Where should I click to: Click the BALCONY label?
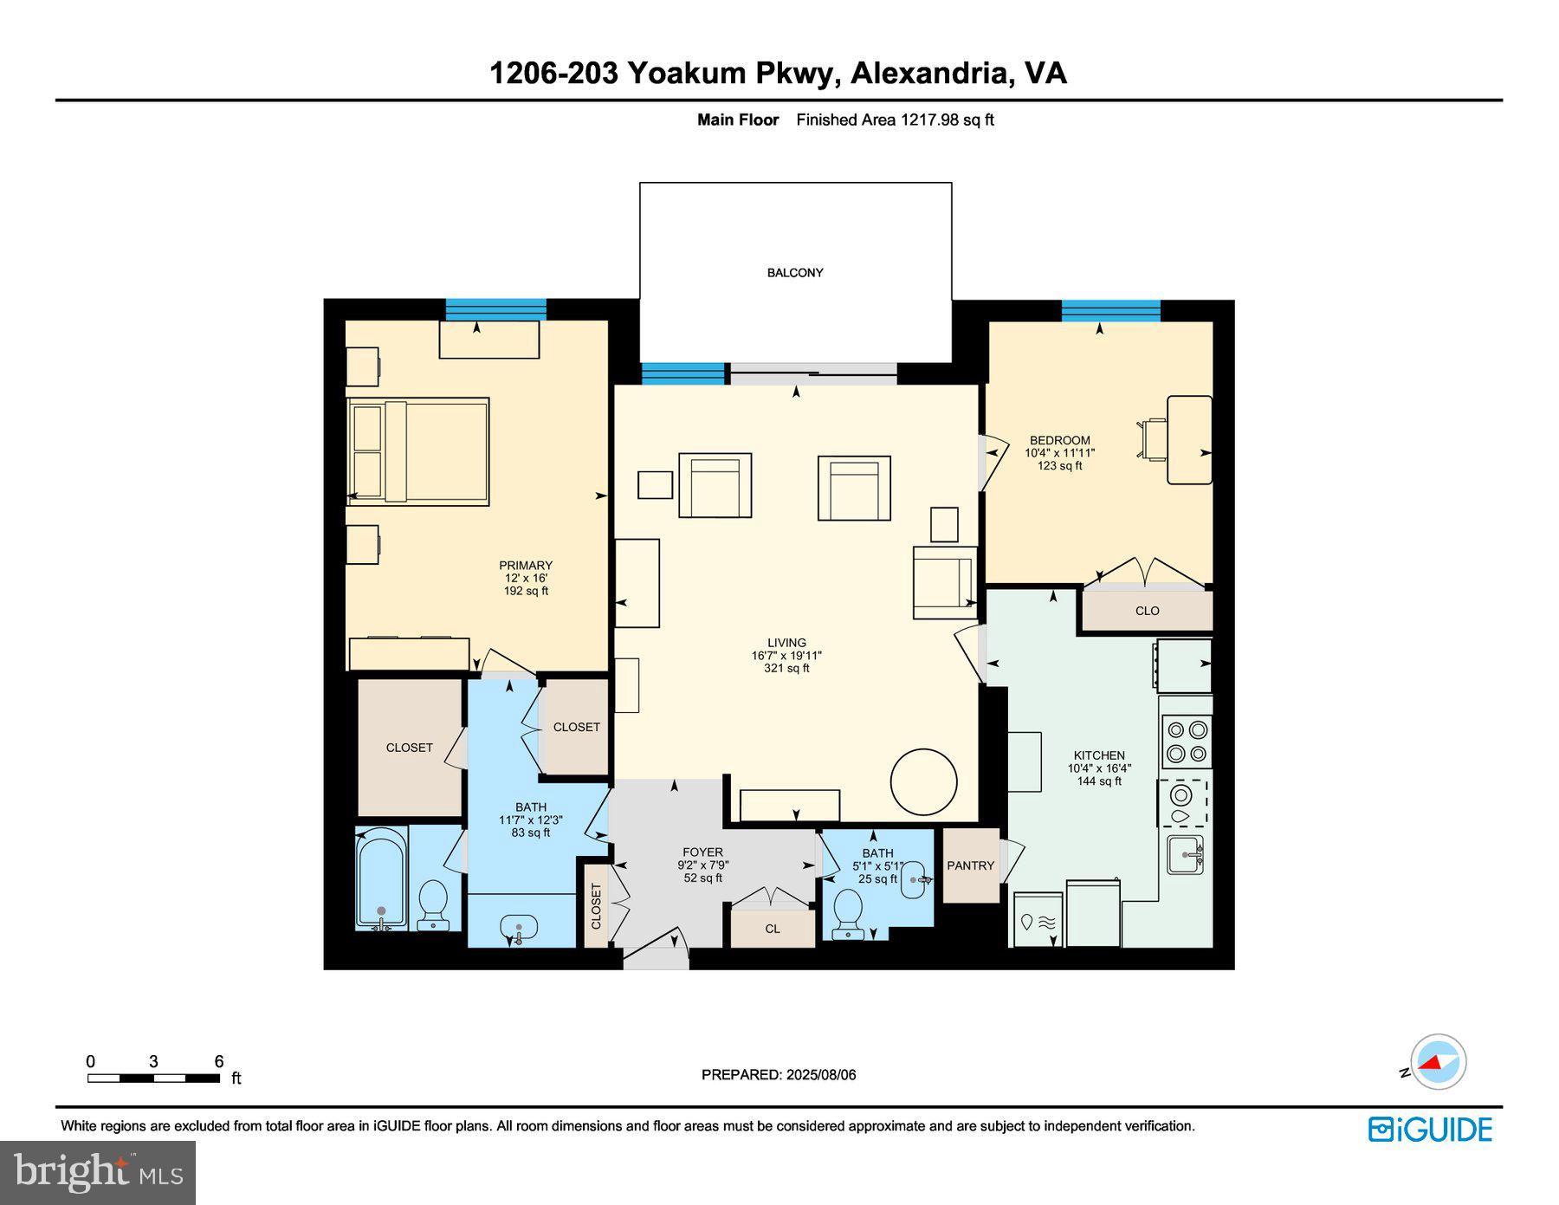[794, 273]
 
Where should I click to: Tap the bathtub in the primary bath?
[381, 879]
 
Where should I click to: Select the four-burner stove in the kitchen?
[1186, 742]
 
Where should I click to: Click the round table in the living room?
[923, 781]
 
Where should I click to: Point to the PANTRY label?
[970, 865]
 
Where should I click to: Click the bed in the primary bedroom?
[418, 450]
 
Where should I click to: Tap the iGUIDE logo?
[1430, 1130]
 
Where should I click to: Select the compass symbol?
[1438, 1061]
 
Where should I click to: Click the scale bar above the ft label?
[153, 1079]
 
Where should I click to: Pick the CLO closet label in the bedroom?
[1147, 611]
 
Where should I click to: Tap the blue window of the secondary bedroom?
[1110, 310]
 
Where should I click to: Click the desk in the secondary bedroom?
[1189, 439]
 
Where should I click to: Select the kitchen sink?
[1184, 854]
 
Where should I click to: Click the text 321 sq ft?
[786, 668]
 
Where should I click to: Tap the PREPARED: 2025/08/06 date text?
[779, 1075]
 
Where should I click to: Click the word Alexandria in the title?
[931, 73]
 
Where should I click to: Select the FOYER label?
[702, 852]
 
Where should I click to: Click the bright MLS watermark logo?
[97, 1173]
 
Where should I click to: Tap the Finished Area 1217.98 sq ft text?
[895, 120]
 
